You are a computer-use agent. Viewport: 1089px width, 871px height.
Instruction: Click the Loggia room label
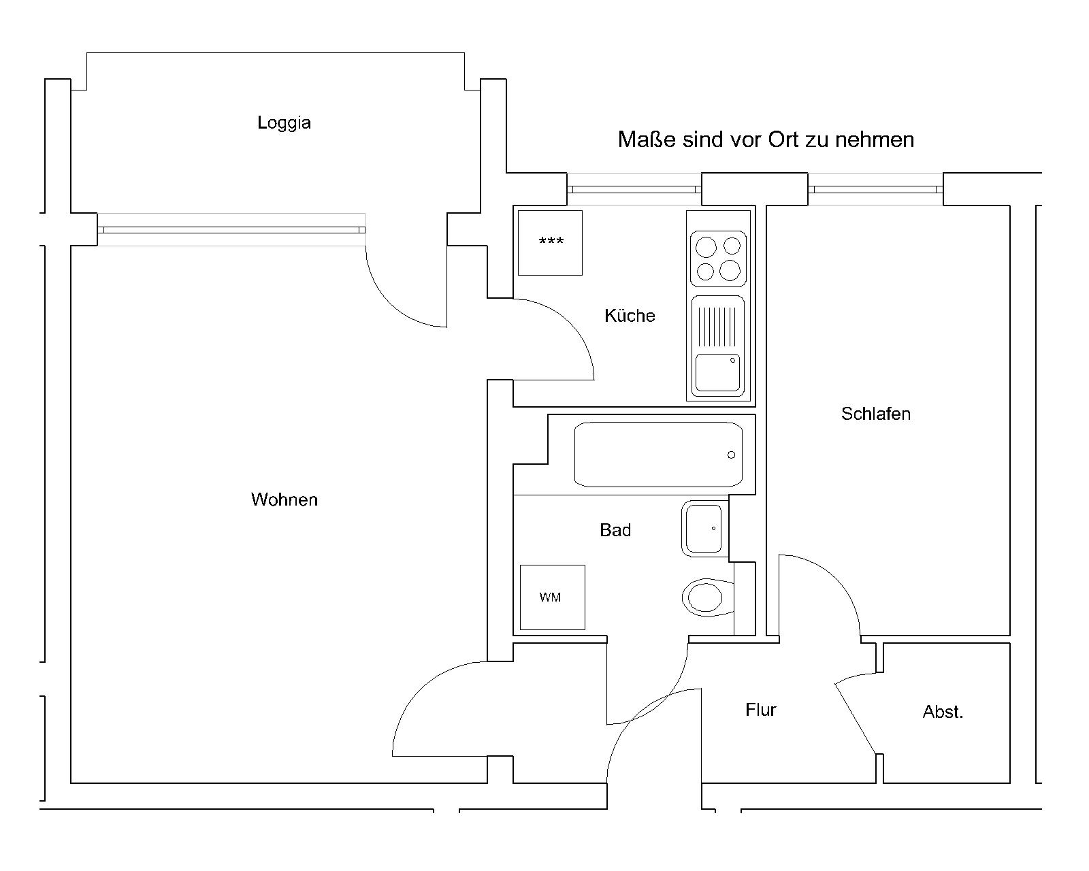point(284,123)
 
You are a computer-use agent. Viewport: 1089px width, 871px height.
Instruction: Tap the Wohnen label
point(285,499)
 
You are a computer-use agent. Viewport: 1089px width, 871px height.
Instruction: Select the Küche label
point(630,315)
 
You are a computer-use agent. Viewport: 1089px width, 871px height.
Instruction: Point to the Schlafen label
point(876,414)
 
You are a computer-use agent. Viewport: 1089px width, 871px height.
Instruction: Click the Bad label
point(615,530)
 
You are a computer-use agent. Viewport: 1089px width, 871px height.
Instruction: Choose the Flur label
point(760,710)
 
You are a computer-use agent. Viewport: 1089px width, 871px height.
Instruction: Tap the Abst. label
point(943,712)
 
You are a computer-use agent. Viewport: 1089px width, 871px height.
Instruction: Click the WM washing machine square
point(552,597)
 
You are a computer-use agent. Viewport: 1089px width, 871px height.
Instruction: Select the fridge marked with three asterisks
point(550,243)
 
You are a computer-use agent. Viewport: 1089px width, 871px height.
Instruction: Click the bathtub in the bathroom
point(658,455)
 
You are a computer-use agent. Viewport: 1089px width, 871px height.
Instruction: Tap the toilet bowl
point(708,597)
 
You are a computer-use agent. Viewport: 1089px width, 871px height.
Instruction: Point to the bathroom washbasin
point(704,528)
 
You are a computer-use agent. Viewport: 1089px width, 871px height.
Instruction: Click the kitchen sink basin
point(717,373)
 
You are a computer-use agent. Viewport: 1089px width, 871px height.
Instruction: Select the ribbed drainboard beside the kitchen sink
point(717,327)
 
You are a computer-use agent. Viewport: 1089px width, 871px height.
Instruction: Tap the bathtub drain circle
point(731,455)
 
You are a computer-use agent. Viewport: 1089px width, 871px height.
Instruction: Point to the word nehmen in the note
point(875,139)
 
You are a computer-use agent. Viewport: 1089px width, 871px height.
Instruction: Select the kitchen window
point(634,189)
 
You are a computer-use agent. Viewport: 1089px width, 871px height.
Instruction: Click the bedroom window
point(875,189)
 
